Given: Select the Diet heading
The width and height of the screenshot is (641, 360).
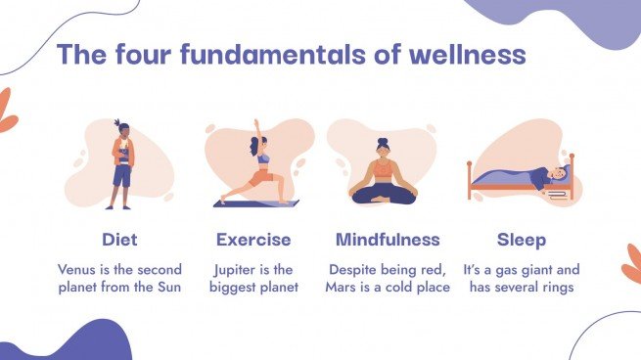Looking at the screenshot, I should pyautogui.click(x=119, y=240).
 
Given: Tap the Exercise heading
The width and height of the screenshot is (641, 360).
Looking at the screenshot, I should pyautogui.click(x=253, y=240).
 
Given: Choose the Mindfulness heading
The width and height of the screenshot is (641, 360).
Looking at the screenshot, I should pyautogui.click(x=388, y=240).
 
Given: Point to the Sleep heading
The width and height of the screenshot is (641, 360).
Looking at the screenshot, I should pyautogui.click(x=522, y=240).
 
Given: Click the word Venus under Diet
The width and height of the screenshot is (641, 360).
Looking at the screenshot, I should pyautogui.click(x=79, y=269).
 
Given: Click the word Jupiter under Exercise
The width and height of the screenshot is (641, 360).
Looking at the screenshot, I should pyautogui.click(x=236, y=269).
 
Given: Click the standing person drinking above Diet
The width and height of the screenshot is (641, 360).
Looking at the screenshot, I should pyautogui.click(x=120, y=164).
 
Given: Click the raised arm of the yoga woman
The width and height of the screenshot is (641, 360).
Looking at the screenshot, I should pyautogui.click(x=256, y=133).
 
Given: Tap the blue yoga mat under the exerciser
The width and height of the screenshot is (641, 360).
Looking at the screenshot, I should pyautogui.click(x=256, y=203).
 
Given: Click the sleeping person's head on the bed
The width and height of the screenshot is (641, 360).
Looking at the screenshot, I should pyautogui.click(x=558, y=173).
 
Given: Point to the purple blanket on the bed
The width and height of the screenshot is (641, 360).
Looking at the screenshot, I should pyautogui.click(x=514, y=180).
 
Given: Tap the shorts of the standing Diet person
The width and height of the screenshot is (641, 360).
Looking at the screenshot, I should pyautogui.click(x=121, y=176).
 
